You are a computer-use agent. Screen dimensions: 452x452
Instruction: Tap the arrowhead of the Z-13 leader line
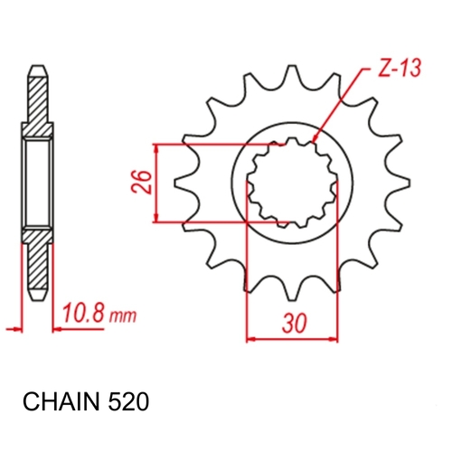tap(314, 141)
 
